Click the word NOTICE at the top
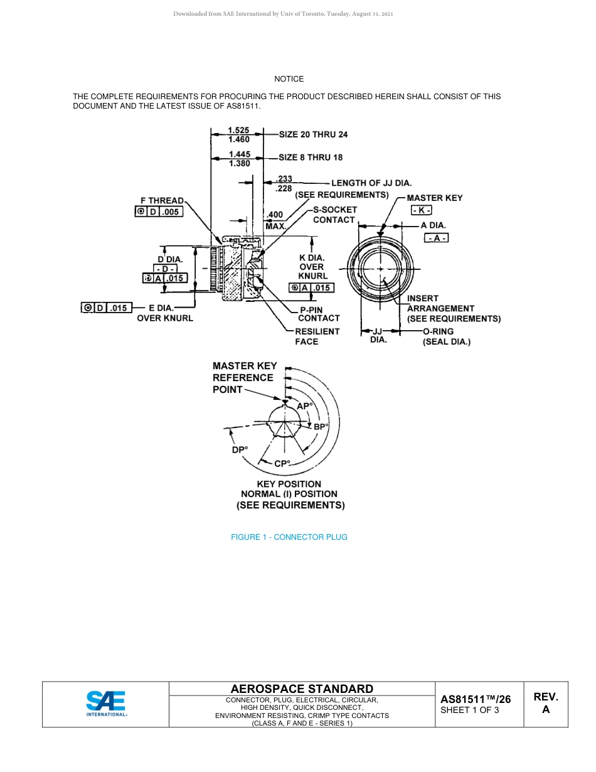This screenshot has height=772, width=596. pyautogui.click(x=289, y=79)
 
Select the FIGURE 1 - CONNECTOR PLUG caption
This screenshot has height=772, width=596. pyautogui.click(x=289, y=537)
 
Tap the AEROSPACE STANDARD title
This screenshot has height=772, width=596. pyautogui.click(x=302, y=689)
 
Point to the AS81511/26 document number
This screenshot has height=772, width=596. pyautogui.click(x=475, y=699)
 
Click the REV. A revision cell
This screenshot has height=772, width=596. pyautogui.click(x=545, y=703)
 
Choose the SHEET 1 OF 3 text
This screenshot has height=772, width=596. pyautogui.click(x=470, y=710)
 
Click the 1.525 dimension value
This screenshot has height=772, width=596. pyautogui.click(x=239, y=131)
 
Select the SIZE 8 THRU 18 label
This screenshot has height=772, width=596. pyautogui.click(x=311, y=158)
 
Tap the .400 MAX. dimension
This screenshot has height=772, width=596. pyautogui.click(x=275, y=220)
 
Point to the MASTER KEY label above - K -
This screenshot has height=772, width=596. pyautogui.click(x=434, y=198)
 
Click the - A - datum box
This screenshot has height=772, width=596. pyautogui.click(x=437, y=238)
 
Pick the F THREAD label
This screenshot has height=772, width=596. pyautogui.click(x=162, y=201)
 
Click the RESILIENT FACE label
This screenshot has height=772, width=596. pyautogui.click(x=317, y=336)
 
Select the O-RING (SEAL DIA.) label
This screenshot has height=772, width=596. pyautogui.click(x=446, y=336)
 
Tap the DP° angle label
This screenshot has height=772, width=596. pyautogui.click(x=240, y=449)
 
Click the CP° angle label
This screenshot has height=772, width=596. pyautogui.click(x=282, y=464)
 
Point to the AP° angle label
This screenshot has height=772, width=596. pyautogui.click(x=304, y=406)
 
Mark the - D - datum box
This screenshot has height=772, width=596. pyautogui.click(x=166, y=269)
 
